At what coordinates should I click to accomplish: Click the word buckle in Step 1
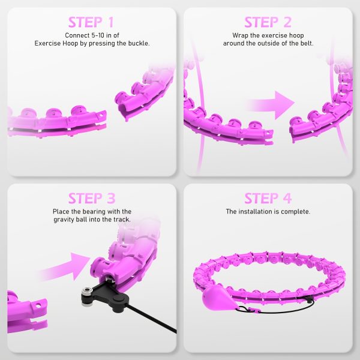(136, 44)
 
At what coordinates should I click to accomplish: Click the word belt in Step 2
(302, 44)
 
